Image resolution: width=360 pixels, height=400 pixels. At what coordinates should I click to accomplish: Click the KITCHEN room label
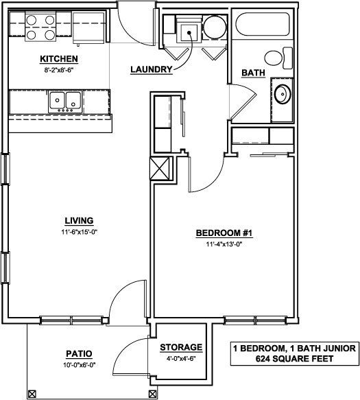(x=58, y=58)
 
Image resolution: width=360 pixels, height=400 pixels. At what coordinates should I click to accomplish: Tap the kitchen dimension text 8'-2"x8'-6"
(x=58, y=69)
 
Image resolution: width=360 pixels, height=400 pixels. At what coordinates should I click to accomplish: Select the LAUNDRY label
(x=150, y=69)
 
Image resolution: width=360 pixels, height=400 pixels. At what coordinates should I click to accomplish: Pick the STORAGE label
(x=181, y=347)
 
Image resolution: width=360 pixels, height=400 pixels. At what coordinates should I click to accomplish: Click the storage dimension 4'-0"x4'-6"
(x=181, y=357)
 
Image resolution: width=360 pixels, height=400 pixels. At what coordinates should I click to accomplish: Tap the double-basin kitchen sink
(x=66, y=102)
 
